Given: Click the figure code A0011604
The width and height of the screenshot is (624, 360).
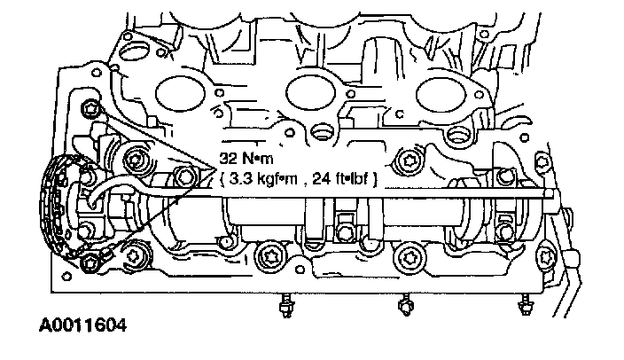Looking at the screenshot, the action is [82, 325].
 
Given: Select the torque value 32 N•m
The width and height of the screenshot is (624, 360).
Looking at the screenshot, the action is [246, 159].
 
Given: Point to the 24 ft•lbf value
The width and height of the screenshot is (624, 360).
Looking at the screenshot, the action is [339, 179].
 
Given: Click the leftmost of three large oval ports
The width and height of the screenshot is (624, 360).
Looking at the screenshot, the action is [181, 94].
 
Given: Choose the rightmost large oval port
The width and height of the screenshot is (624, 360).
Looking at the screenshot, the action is [441, 95].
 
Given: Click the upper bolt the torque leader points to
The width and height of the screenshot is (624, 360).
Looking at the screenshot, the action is [90, 108].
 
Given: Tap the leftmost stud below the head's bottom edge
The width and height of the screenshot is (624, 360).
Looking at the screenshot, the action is [285, 305].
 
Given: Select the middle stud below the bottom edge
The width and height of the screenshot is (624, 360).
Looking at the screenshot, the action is [405, 305].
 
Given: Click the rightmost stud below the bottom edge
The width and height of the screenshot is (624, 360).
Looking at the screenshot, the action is [525, 305].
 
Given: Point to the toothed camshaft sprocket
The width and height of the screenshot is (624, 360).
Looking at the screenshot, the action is [56, 207].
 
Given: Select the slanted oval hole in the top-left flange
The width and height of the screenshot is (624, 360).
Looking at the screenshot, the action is [133, 52].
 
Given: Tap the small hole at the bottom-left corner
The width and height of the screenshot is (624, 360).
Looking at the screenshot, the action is [66, 276].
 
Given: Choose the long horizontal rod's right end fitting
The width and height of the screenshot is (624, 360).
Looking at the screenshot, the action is [550, 193].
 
